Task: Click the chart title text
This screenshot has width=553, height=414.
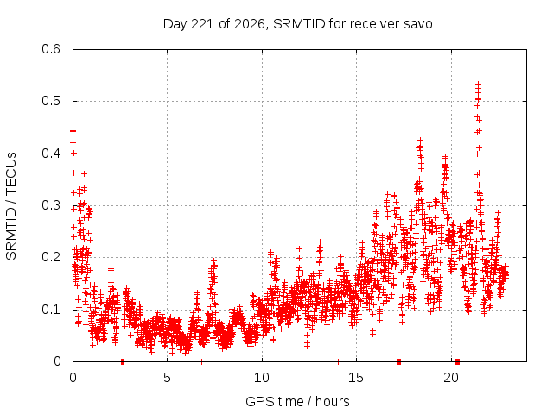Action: click(x=297, y=24)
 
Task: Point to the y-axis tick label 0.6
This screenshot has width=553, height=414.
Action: click(x=51, y=49)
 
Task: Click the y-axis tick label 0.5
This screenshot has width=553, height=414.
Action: click(x=51, y=101)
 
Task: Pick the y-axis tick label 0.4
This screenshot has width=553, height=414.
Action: click(x=51, y=154)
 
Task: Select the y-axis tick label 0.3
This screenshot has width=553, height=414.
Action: click(x=51, y=205)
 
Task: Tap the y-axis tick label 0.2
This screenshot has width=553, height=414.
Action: click(x=51, y=257)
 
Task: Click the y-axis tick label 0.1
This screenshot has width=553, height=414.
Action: click(x=51, y=310)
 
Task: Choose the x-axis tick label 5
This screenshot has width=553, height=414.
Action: click(x=167, y=378)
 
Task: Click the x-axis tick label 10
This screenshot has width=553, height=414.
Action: click(x=262, y=378)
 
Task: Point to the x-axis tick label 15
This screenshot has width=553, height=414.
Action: click(x=356, y=378)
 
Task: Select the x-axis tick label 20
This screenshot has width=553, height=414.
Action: click(x=451, y=378)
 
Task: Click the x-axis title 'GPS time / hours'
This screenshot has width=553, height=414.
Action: click(x=297, y=401)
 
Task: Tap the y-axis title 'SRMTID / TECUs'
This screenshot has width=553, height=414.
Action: click(x=11, y=206)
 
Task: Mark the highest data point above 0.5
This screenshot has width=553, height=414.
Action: click(x=478, y=85)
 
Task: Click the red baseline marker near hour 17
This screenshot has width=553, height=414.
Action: click(x=399, y=361)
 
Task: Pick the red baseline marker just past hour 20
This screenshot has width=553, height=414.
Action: click(x=457, y=361)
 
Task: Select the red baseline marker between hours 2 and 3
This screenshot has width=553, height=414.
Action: click(x=123, y=361)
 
